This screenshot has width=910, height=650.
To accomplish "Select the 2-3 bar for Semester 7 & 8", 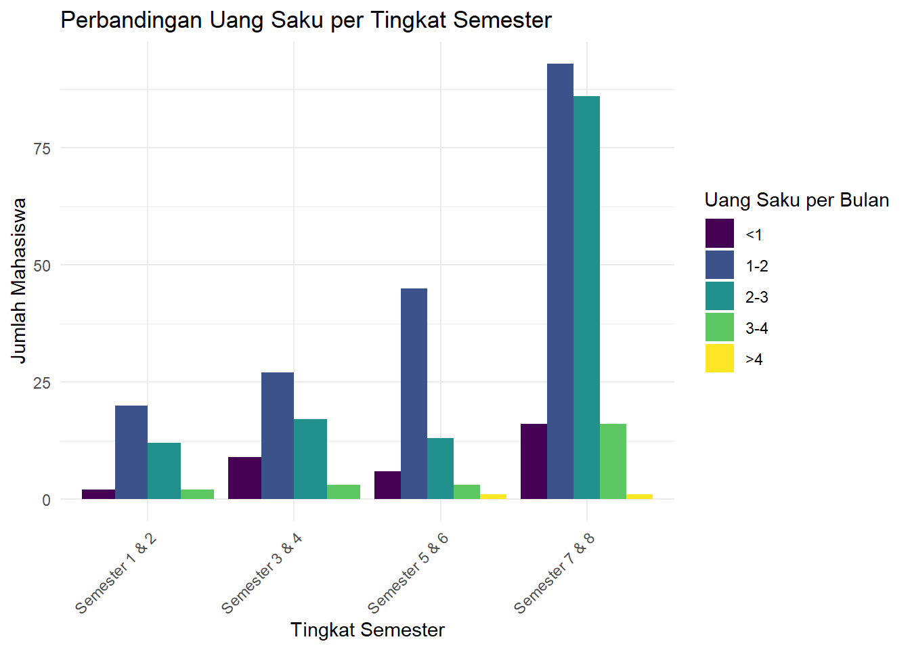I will coord(586,298).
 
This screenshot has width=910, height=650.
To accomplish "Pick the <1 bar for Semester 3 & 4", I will coord(244,478).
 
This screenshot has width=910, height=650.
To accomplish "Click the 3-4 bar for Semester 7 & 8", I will coord(613,462).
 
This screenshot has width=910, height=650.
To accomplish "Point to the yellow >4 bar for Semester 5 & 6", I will coord(494,496).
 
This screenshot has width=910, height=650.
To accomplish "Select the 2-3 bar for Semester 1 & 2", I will coord(165,471).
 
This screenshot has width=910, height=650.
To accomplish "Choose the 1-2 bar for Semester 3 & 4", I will coord(278,436).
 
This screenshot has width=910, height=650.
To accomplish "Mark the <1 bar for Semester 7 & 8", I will coord(534,462).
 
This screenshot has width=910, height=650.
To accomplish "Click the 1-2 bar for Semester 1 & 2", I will coord(131,452).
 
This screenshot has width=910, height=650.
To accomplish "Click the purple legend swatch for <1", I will coord(719,234).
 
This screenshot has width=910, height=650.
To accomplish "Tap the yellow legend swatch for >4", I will coord(719,358).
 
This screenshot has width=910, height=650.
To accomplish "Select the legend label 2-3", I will coord(757,297).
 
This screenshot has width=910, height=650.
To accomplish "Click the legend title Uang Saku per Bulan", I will coord(796,200).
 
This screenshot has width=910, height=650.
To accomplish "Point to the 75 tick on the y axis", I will coord(42,148).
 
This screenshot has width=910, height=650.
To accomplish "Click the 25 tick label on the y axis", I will coord(42,383).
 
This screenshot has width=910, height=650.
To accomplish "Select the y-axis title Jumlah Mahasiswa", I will coord(19,280).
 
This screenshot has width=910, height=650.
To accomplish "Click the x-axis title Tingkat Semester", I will coord(367,630).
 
